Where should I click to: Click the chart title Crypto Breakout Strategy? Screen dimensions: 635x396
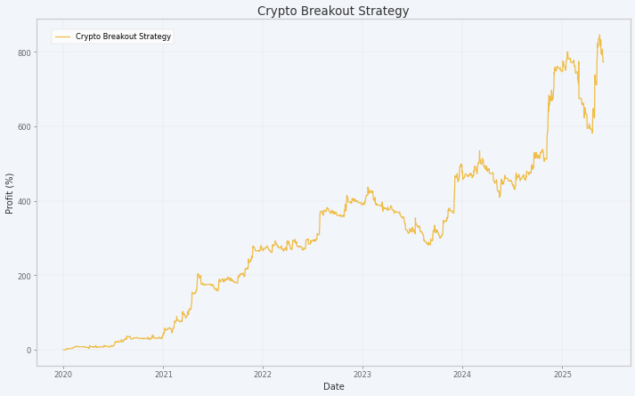coord(333,11)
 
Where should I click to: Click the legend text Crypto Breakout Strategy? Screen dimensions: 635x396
coord(123,36)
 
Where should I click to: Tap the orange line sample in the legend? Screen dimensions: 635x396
coord(62,36)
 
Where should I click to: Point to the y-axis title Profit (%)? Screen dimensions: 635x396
coord(9,193)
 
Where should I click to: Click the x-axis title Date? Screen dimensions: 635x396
coord(334,387)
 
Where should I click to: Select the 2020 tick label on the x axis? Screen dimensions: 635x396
coord(63,375)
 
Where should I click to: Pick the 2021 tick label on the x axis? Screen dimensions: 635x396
coord(163,375)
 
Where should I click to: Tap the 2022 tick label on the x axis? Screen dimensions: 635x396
coord(263,375)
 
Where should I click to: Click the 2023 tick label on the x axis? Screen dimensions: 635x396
coord(362,375)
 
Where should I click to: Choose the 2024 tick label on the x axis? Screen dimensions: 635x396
coord(462,375)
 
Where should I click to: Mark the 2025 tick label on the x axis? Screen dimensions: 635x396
coord(562,375)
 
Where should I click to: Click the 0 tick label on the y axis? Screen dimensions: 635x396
coord(29,351)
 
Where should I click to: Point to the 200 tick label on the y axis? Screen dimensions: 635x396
coord(26,276)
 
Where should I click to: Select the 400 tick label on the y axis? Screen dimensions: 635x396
coord(26,201)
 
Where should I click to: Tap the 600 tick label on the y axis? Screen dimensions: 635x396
coord(26,127)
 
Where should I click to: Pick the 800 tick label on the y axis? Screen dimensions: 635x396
coord(26,53)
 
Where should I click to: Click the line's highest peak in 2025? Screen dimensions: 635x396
coord(599,35)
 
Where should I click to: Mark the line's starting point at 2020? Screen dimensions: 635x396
coord(63,350)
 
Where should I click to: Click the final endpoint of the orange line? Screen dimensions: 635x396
coord(604,62)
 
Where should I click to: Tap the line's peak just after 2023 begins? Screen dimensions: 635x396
coord(368,187)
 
